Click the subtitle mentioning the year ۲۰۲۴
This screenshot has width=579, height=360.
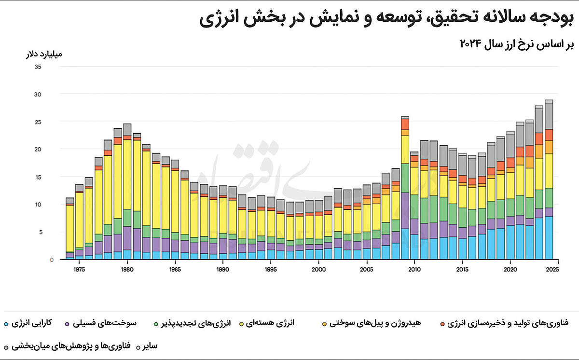coord(516,44)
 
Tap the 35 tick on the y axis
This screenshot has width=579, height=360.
coord(38,67)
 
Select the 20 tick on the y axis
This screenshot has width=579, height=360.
coord(38,149)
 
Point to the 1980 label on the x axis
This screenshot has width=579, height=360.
coord(127,269)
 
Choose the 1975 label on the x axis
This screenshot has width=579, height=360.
coord(79,269)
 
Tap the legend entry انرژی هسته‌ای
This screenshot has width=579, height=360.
coord(275,322)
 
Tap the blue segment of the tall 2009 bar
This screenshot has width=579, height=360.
coord(405,244)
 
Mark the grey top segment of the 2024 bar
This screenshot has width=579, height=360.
coord(549,116)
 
